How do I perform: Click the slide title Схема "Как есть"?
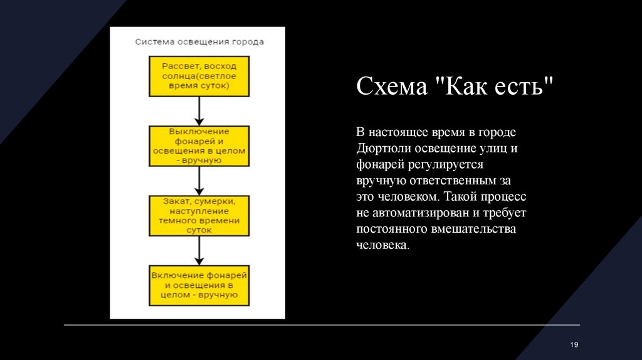(x=456, y=86)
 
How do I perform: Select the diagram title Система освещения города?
(x=199, y=42)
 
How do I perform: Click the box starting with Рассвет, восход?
(x=199, y=76)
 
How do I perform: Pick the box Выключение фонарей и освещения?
(x=199, y=146)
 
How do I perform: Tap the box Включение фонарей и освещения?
(x=199, y=285)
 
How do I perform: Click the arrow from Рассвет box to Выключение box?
(x=199, y=111)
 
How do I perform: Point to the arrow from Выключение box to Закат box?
(x=199, y=181)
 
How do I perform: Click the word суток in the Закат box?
(x=199, y=230)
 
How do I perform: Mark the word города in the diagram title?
(x=248, y=42)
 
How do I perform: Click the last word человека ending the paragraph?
(x=382, y=245)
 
